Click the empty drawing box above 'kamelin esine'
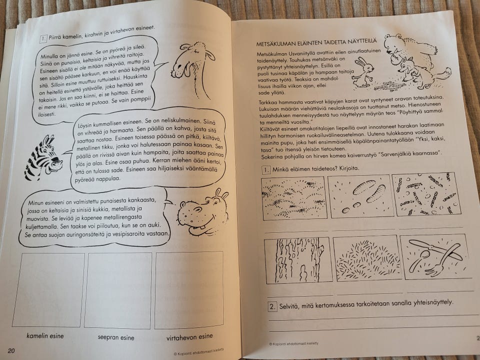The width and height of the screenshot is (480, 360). tap(48, 290)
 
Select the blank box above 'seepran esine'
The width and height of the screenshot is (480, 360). tap(118, 290)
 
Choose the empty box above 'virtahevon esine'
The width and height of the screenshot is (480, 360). tap(189, 290)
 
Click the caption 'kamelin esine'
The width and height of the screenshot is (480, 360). tap(45, 336)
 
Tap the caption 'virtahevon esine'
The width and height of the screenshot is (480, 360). tap(189, 337)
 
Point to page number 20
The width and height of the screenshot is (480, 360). tap(11, 350)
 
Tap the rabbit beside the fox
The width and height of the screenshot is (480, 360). tap(363, 73)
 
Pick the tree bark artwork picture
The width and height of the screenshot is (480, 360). tap(298, 260)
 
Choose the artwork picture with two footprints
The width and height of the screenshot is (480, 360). tap(360, 196)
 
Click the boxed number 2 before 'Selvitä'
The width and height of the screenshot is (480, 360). tap(272, 306)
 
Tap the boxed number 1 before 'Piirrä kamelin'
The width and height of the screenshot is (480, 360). tap(43, 39)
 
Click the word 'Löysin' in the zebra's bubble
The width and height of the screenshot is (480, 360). tap(85, 125)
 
